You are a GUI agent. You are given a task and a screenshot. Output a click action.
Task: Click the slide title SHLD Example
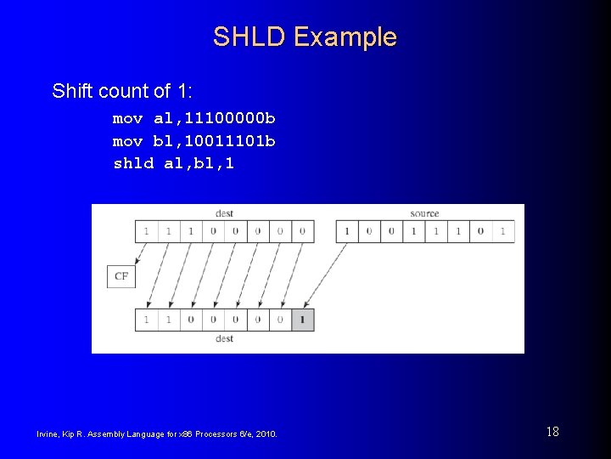[305, 37]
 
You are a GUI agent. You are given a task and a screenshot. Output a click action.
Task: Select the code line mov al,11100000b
[193, 117]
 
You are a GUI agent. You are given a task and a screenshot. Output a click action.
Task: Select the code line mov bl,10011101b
[193, 140]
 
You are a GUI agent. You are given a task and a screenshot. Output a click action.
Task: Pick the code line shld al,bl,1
[173, 163]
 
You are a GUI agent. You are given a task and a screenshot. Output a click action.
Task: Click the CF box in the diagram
[121, 276]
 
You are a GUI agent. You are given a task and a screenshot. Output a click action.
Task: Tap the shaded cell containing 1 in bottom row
[303, 320]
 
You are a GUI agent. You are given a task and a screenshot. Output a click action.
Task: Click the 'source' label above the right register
[424, 213]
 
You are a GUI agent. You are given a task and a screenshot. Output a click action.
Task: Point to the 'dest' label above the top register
[224, 213]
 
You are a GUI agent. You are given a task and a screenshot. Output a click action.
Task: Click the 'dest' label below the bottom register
[224, 338]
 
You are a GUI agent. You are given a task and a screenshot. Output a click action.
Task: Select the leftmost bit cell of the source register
[347, 231]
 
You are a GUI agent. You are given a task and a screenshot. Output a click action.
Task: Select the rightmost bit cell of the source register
[502, 231]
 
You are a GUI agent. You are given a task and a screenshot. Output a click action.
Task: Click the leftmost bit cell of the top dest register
[146, 231]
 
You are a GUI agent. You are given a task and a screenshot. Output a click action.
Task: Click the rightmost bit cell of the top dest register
[303, 231]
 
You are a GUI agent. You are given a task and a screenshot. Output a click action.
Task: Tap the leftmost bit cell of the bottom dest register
[146, 320]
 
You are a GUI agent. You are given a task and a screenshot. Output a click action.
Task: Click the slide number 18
[552, 432]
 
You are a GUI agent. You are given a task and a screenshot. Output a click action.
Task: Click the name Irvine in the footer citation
[48, 435]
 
